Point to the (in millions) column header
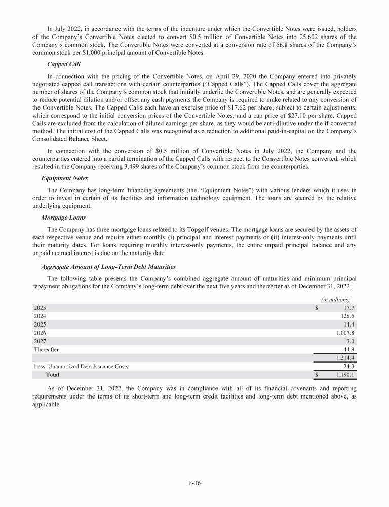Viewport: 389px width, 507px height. pos(336,299)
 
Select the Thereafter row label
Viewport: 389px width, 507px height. pos(46,349)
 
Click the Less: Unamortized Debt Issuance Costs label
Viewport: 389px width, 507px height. pos(81,366)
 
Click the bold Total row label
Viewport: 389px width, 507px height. pos(53,375)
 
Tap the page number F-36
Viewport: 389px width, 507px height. pos(194,483)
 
